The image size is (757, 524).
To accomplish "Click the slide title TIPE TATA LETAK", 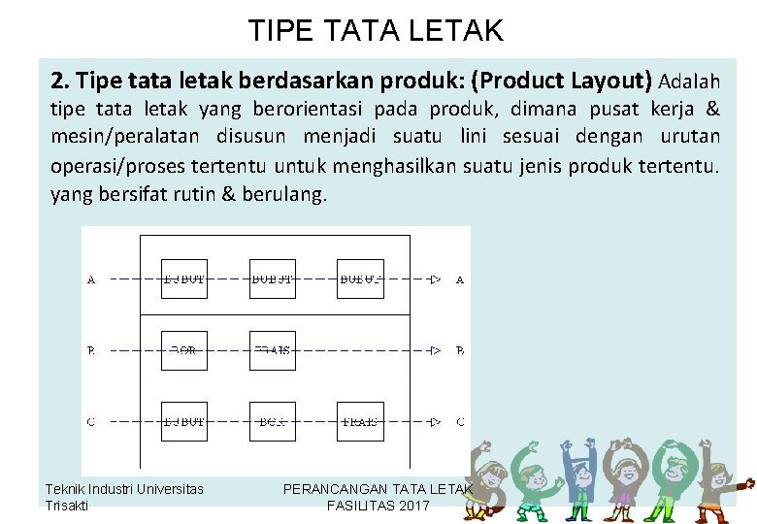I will pos(376,30).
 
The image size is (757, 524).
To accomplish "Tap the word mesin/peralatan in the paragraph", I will pos(119,136).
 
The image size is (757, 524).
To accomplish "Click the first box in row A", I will pos(184,278).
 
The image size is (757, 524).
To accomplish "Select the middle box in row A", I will pos(273,278).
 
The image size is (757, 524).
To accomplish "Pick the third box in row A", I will pos(360,278).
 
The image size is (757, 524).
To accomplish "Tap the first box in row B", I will pos(184,350).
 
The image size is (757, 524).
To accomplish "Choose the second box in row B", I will pos(273,350).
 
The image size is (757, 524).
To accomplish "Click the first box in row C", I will pos(184,421).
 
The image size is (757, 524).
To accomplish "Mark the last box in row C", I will pos(360,421).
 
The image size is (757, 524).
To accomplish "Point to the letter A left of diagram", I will pos(91,279).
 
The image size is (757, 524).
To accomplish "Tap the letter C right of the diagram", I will pos(459,422).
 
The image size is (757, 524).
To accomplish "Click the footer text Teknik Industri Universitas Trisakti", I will pos(124,497).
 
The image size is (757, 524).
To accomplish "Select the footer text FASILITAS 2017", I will pos(378,506).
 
